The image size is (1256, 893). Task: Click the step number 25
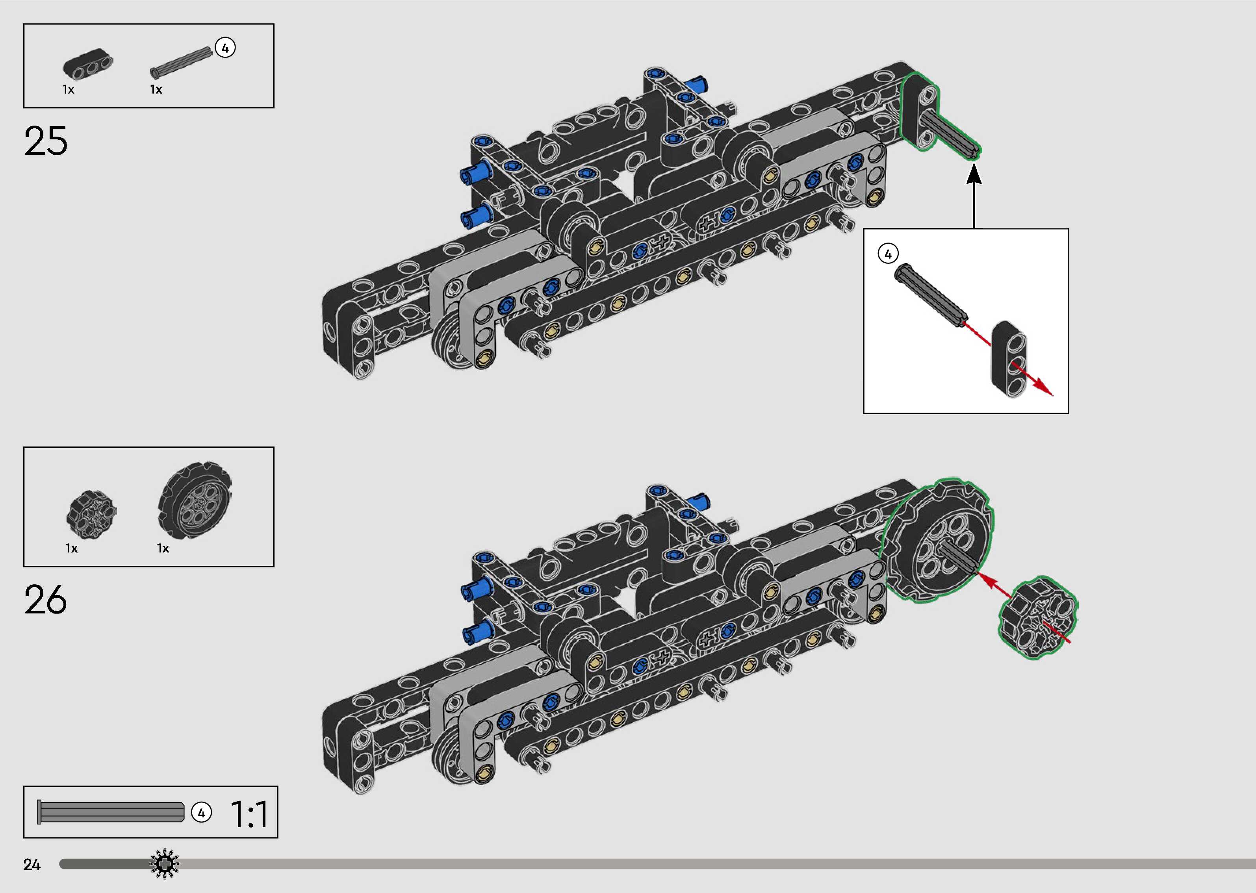click(x=46, y=141)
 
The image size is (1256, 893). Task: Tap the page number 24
click(x=32, y=864)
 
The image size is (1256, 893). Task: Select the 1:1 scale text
click(x=249, y=814)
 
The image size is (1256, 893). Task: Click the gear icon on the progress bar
click(x=164, y=864)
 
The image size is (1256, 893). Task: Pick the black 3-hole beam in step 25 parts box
click(x=88, y=64)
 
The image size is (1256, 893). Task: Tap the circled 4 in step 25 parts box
click(x=225, y=48)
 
